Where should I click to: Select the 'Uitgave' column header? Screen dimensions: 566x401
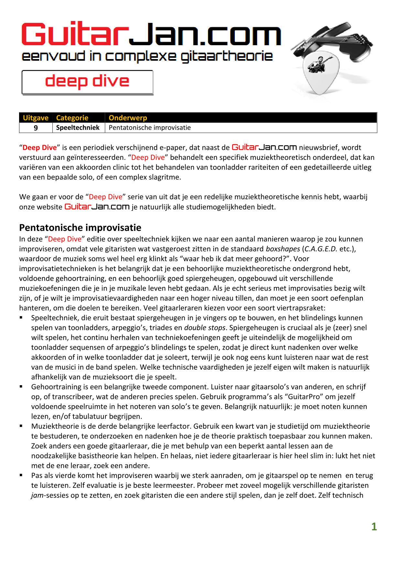pyautogui.click(x=36, y=118)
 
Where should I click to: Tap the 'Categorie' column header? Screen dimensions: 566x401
pyautogui.click(x=72, y=118)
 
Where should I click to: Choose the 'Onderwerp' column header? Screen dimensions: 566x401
pyautogui.click(x=128, y=118)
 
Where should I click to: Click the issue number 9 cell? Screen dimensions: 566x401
pyautogui.click(x=36, y=128)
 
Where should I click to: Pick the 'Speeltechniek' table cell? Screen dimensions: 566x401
pyautogui.click(x=78, y=128)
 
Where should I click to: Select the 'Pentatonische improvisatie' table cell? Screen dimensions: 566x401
pyautogui.click(x=150, y=128)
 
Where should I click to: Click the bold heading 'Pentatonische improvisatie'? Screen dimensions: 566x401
pyautogui.click(x=80, y=228)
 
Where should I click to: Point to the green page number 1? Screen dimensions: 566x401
pyautogui.click(x=374, y=527)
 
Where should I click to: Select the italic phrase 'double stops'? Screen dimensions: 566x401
pyautogui.click(x=205, y=328)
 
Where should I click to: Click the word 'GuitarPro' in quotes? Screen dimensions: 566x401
pyautogui.click(x=302, y=397)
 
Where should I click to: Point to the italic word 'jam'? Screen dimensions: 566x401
pyautogui.click(x=37, y=495)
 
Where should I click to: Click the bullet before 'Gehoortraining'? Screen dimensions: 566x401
pyautogui.click(x=21, y=386)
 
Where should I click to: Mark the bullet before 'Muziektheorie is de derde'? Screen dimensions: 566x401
pyautogui.click(x=21, y=426)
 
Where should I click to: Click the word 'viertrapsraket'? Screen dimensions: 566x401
pyautogui.click(x=301, y=308)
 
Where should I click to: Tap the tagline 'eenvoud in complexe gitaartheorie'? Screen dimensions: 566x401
pyautogui.click(x=147, y=57)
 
